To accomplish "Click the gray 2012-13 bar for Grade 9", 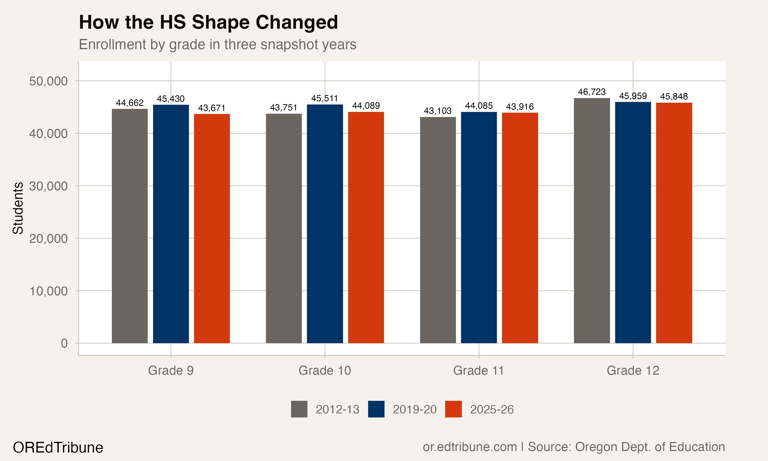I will point(130,226).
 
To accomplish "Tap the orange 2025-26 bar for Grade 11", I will point(520,228).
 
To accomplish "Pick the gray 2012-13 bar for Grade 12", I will point(592,221).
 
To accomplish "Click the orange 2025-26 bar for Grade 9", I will point(212,228).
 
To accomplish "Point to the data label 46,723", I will point(592,92).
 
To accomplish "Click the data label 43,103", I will point(438,111).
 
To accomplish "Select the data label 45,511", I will point(325,99).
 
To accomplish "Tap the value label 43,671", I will point(212,108).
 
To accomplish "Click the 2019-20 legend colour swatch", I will point(376,409).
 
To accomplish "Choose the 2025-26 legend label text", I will point(492,410).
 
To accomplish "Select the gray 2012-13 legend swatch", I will point(299,409).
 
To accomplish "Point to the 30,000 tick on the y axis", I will point(48,186).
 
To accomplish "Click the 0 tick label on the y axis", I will point(64,344).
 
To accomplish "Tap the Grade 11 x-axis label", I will point(478,371).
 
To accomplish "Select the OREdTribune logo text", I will point(58,448).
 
